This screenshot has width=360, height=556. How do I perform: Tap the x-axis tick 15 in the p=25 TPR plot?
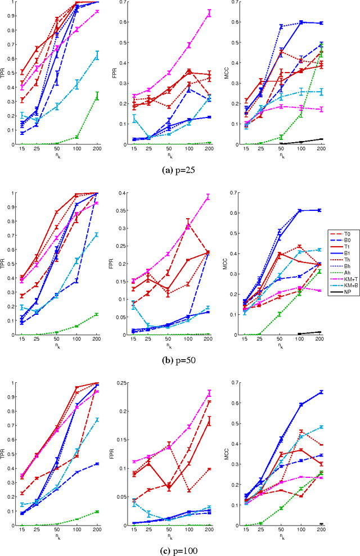[22, 151]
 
